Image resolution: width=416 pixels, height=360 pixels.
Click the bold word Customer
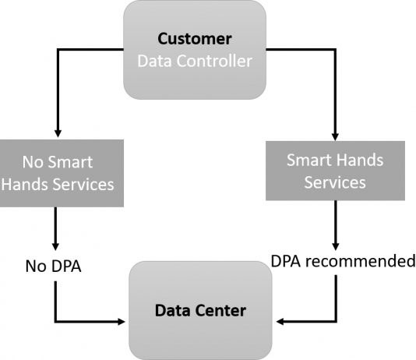195,39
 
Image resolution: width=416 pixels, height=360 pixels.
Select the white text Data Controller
195,61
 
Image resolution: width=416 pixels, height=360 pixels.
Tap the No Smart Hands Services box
62,173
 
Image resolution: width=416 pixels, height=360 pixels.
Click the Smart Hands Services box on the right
335,171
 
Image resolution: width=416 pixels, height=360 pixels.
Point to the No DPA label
53,266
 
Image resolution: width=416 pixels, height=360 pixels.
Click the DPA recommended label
343,261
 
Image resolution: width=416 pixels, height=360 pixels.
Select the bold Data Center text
200,310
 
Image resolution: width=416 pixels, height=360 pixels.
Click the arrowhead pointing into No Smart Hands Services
58,133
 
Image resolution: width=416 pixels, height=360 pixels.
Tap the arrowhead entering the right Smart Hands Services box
335,136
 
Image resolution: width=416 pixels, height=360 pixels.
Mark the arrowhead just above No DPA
55,246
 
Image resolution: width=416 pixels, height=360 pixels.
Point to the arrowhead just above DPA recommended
335,246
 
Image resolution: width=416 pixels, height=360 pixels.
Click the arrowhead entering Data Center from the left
122,322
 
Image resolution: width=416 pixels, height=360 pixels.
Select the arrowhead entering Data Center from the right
280,322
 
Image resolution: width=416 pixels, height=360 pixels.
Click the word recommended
361,261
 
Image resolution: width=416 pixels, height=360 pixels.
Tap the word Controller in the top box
214,61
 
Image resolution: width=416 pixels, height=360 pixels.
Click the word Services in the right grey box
335,182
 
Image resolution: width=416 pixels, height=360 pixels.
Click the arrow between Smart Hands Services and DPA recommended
335,225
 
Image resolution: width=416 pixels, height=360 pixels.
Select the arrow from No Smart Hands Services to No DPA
55,228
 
